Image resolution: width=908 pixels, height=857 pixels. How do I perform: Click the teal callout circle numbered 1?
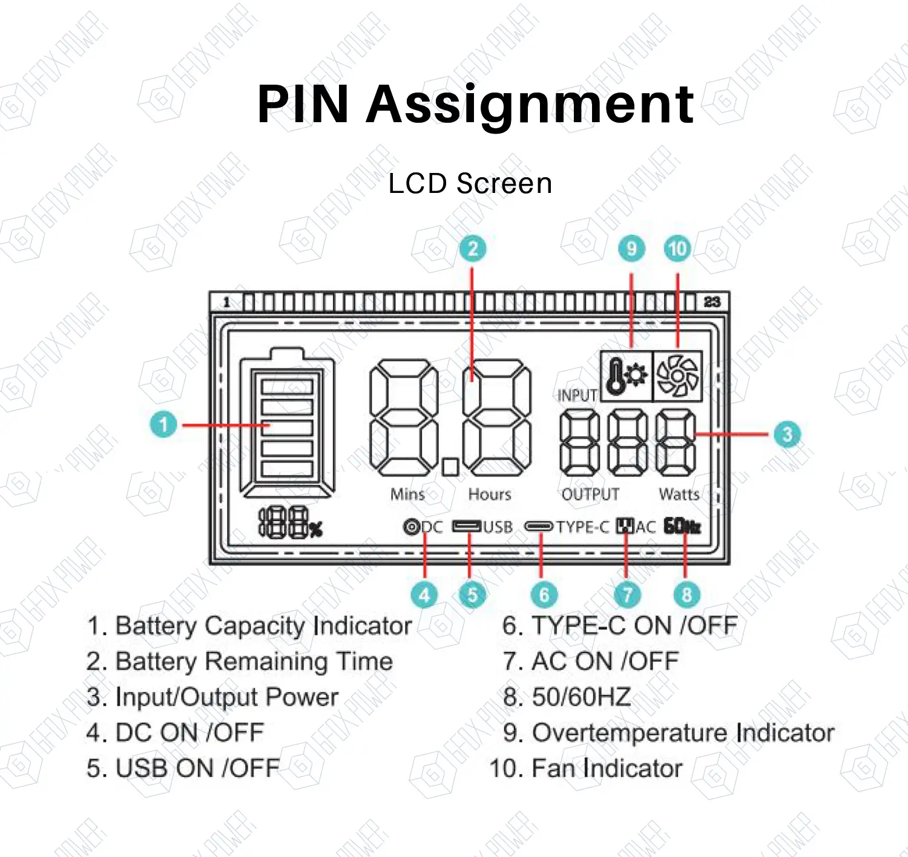pos(163,424)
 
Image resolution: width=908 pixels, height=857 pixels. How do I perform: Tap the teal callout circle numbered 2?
pos(473,249)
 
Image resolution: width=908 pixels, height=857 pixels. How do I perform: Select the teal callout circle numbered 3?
pos(787,434)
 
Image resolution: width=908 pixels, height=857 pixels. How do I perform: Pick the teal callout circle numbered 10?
pos(677,249)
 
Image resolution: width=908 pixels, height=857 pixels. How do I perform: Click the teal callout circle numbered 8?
pos(686,595)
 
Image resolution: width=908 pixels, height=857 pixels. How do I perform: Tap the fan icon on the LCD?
pos(677,376)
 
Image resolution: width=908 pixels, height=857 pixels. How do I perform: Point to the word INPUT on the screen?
pos(577,395)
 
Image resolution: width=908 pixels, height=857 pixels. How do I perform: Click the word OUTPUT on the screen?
pos(590,495)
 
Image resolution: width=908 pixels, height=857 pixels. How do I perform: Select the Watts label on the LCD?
pos(679,495)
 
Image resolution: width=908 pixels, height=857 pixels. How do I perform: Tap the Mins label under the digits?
pos(407,495)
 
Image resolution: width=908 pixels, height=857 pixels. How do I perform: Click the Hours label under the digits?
pos(490,495)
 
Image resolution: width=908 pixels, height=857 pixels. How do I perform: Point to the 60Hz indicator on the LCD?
pos(682,526)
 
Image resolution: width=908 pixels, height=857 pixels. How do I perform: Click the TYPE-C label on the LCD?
pos(582,527)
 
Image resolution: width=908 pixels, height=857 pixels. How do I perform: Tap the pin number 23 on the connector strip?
pos(712,301)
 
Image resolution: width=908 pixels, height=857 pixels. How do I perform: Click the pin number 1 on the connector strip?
pos(226,302)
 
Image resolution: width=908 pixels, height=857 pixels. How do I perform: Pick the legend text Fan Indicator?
pos(607,768)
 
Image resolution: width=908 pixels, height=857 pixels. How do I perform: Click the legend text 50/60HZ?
pos(581,697)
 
